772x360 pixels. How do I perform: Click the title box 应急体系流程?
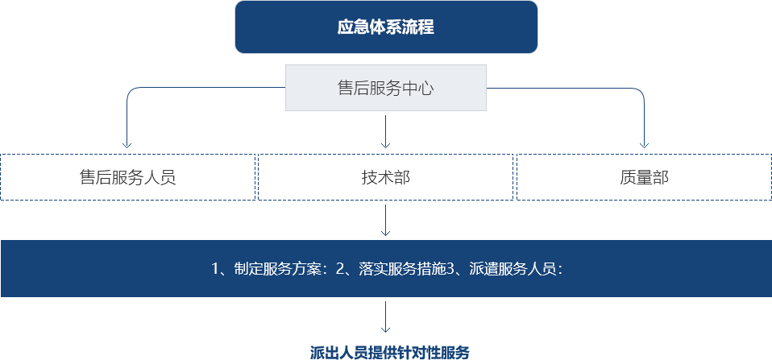[386, 27]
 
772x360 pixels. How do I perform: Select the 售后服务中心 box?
[386, 88]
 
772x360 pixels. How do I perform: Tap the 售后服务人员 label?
[127, 177]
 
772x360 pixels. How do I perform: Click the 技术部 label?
[385, 177]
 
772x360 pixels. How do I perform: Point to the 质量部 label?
[644, 177]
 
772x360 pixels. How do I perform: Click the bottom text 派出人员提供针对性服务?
[390, 352]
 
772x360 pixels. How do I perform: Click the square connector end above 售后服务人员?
[127, 146]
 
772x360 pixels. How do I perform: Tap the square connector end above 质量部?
[644, 146]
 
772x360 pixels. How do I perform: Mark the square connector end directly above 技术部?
[385, 146]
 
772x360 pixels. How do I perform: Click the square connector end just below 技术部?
[385, 233]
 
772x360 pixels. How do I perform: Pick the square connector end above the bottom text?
[385, 329]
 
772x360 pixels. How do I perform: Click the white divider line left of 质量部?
[515, 177]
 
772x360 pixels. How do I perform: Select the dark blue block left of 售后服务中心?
[205, 116]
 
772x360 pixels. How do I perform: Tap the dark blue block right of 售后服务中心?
[566, 116]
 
